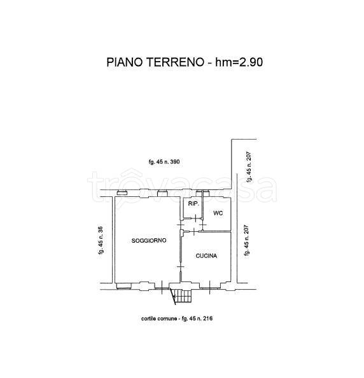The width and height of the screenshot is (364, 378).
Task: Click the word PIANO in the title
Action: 125,62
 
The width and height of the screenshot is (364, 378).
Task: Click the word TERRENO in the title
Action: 176,62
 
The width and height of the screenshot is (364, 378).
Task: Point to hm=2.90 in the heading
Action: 239,62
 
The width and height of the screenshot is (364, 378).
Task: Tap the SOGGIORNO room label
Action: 149,240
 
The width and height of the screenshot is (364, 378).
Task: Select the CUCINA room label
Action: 206,256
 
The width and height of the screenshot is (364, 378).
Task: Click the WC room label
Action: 218,213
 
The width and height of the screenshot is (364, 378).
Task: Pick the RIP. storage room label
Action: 193,204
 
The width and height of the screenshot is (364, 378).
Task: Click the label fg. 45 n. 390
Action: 164,161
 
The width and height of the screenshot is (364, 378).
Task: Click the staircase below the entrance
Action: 183,296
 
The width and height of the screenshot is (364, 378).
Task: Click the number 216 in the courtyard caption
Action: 207,318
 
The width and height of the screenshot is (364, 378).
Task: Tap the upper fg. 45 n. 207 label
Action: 249,167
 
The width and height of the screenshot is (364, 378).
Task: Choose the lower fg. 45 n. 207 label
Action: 246,241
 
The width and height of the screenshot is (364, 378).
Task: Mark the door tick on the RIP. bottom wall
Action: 195,218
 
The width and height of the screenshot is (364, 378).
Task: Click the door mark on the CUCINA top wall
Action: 195,232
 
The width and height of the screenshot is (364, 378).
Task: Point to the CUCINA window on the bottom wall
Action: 209,287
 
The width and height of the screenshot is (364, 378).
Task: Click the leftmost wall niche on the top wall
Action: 122,193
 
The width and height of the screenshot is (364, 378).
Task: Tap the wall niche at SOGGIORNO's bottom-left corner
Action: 123,286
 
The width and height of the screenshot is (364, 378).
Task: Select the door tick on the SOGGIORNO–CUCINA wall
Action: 181,267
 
